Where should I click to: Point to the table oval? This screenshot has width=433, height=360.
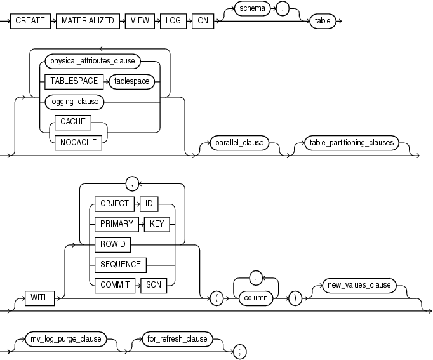(323, 20)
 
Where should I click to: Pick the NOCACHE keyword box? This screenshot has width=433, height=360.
(79, 142)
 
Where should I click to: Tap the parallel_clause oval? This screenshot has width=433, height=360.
(240, 142)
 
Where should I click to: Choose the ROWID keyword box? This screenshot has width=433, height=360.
(110, 243)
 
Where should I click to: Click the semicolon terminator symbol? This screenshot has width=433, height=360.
(239, 350)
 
